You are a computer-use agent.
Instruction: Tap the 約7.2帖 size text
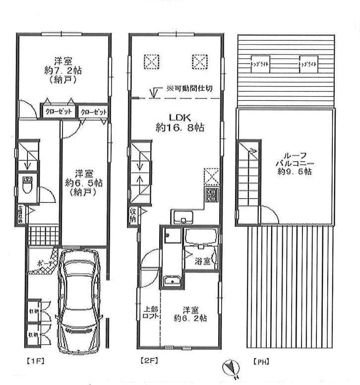click(x=62, y=70)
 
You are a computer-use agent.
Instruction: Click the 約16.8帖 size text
click(x=180, y=128)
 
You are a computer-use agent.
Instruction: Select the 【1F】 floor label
click(x=32, y=361)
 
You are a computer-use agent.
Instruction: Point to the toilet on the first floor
click(x=28, y=185)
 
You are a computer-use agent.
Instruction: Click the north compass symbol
click(x=232, y=368)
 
